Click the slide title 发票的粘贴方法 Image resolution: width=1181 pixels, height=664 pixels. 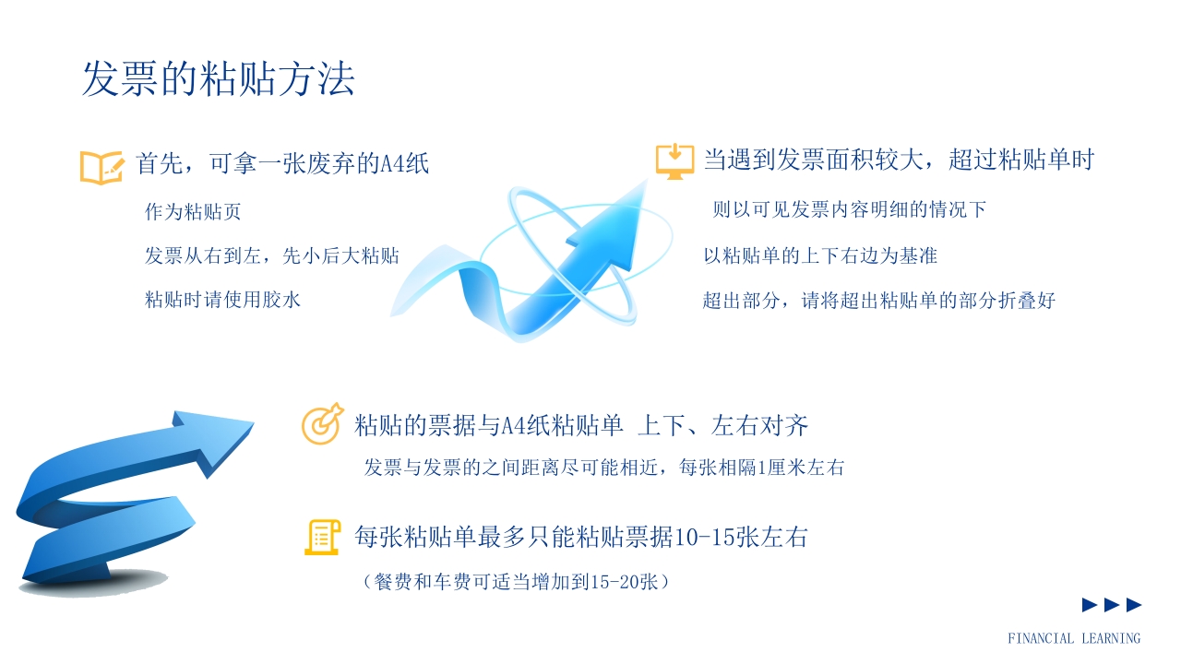tap(219, 80)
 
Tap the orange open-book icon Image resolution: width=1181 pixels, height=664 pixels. tap(101, 166)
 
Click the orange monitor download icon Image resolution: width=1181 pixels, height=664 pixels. tap(674, 160)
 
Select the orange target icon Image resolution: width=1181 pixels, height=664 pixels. tap(322, 424)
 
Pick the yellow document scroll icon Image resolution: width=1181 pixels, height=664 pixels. tap(322, 537)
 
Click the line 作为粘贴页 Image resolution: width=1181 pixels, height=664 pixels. tap(193, 212)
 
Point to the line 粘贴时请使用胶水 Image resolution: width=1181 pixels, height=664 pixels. tap(222, 299)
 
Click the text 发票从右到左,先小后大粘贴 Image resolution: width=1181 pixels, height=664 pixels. tap(272, 255)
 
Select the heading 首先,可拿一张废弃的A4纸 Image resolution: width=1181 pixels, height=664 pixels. tap(282, 164)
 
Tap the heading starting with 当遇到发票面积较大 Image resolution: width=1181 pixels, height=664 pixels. tap(899, 160)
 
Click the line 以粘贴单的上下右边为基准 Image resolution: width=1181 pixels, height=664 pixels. tap(820, 255)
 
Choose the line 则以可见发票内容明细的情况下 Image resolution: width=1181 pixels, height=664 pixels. tap(850, 209)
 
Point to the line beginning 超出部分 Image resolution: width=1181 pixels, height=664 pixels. tap(878, 300)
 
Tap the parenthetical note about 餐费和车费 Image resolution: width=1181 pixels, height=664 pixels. tap(516, 582)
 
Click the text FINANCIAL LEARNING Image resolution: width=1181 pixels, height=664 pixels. tap(1074, 638)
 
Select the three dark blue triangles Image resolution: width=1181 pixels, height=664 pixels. tap(1112, 605)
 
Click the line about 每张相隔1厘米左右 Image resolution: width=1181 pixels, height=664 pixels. tap(604, 468)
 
